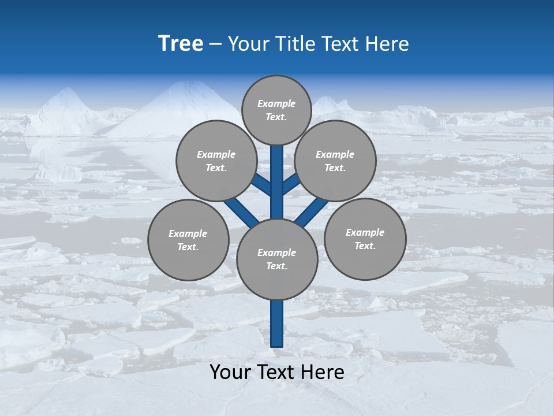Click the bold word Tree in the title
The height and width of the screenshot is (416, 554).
coord(181,44)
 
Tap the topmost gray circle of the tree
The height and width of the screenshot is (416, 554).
coord(276,110)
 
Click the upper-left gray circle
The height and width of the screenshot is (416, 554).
coord(216,161)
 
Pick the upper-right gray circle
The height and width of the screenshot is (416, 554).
coord(335,161)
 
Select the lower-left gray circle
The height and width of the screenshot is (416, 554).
coord(188,240)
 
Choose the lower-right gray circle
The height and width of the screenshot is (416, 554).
coord(365,239)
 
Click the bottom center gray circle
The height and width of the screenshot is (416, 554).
coord(277,259)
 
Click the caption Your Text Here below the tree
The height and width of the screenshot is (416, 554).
coord(277,372)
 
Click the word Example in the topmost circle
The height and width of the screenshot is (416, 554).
coord(276,103)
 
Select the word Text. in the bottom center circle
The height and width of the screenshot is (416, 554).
coord(276,266)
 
